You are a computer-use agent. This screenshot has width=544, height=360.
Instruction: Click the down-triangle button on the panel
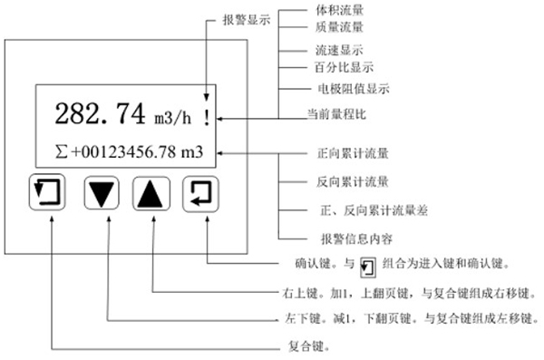click(x=104, y=193)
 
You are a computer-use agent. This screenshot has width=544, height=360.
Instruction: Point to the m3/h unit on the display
click(x=171, y=118)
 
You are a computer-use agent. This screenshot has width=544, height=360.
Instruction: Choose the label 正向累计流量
click(x=346, y=158)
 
